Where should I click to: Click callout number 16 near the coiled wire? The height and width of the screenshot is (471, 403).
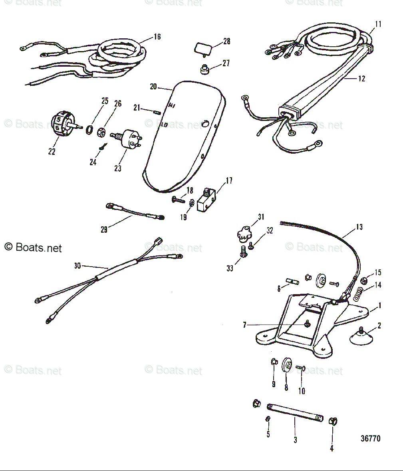(x=157, y=37)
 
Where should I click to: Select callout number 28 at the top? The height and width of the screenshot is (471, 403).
(x=226, y=42)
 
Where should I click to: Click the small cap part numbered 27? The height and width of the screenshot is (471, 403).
(x=205, y=69)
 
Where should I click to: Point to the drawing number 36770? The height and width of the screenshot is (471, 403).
(x=370, y=439)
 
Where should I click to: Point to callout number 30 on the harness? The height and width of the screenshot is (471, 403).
(x=77, y=265)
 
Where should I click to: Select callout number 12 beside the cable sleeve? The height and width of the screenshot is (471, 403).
(x=361, y=79)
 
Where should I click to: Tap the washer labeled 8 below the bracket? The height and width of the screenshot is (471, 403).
(x=286, y=365)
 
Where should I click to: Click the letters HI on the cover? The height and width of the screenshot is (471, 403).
(x=172, y=106)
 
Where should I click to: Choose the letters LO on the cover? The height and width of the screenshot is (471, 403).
(x=164, y=125)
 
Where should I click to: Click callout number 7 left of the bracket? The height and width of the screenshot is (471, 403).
(x=245, y=325)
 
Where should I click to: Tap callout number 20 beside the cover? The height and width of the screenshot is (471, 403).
(x=153, y=87)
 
